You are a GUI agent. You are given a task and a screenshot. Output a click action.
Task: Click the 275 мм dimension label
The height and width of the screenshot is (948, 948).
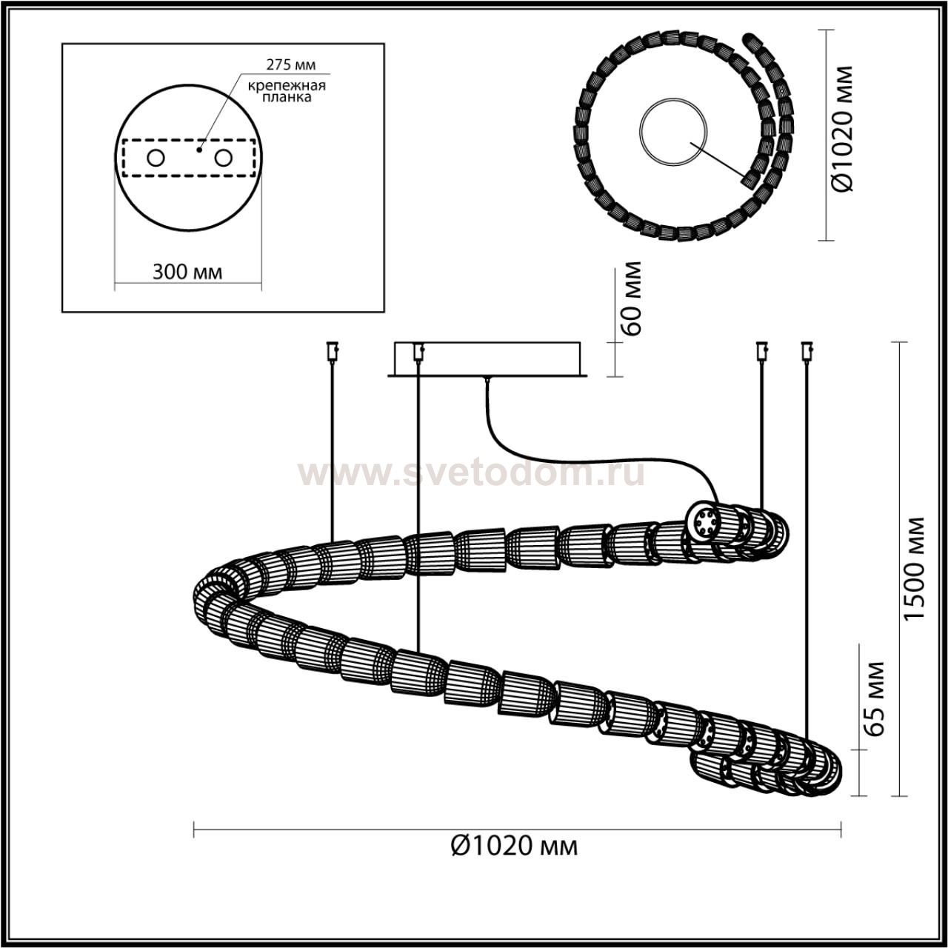(x=291, y=64)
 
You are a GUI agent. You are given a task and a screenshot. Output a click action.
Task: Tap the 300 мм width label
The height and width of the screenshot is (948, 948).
(x=187, y=272)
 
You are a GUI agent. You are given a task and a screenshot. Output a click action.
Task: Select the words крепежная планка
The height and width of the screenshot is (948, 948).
(x=287, y=92)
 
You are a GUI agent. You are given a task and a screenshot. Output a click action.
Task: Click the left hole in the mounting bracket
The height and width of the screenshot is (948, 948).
(x=156, y=158)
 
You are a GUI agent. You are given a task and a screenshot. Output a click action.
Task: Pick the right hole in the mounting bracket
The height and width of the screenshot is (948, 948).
(x=223, y=158)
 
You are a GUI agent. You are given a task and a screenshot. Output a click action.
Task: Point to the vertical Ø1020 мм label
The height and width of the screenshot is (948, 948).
(x=843, y=128)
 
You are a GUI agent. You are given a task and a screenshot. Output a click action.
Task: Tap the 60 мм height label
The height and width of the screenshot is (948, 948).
(x=631, y=299)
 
